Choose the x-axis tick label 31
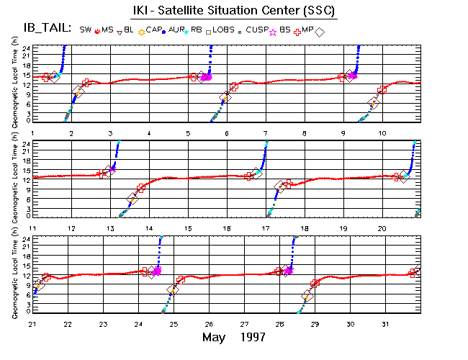(x=385, y=324)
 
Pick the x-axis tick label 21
(x=32, y=324)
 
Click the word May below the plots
(x=215, y=337)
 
